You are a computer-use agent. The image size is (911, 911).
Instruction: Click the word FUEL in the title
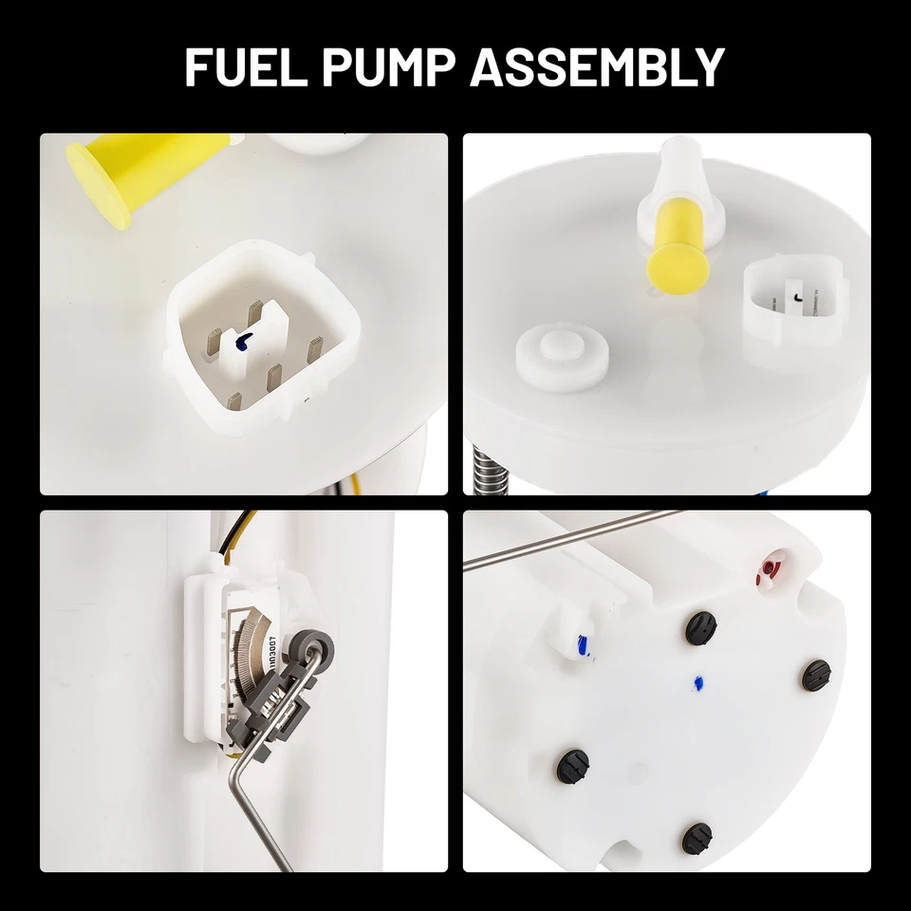tap(244, 67)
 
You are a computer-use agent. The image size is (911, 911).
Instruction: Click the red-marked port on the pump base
tap(767, 568)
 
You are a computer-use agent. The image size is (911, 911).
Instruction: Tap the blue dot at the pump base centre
tap(698, 681)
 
